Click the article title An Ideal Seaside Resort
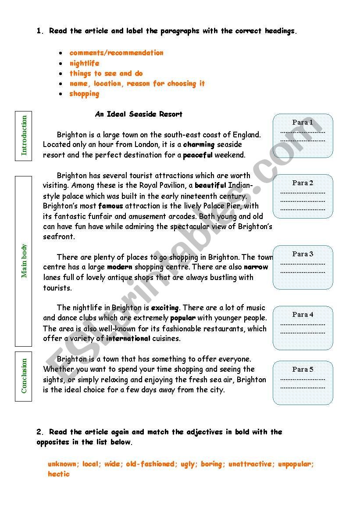coord(139,114)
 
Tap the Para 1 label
coord(303,122)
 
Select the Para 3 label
coord(303,254)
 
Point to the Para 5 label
coord(303,370)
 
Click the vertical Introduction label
coord(24,135)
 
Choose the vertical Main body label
coord(24,261)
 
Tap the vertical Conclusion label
coord(24,376)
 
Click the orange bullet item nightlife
coord(84,63)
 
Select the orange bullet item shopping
coord(84,93)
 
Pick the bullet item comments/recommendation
coord(116,53)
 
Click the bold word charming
coord(199,144)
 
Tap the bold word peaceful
coord(197,155)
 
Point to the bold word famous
coord(110,206)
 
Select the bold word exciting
coord(165,308)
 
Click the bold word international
coord(128,338)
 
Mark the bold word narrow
coord(256,267)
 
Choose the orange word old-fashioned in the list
coord(150,464)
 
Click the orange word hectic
coord(59,474)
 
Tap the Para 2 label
coord(303,183)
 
